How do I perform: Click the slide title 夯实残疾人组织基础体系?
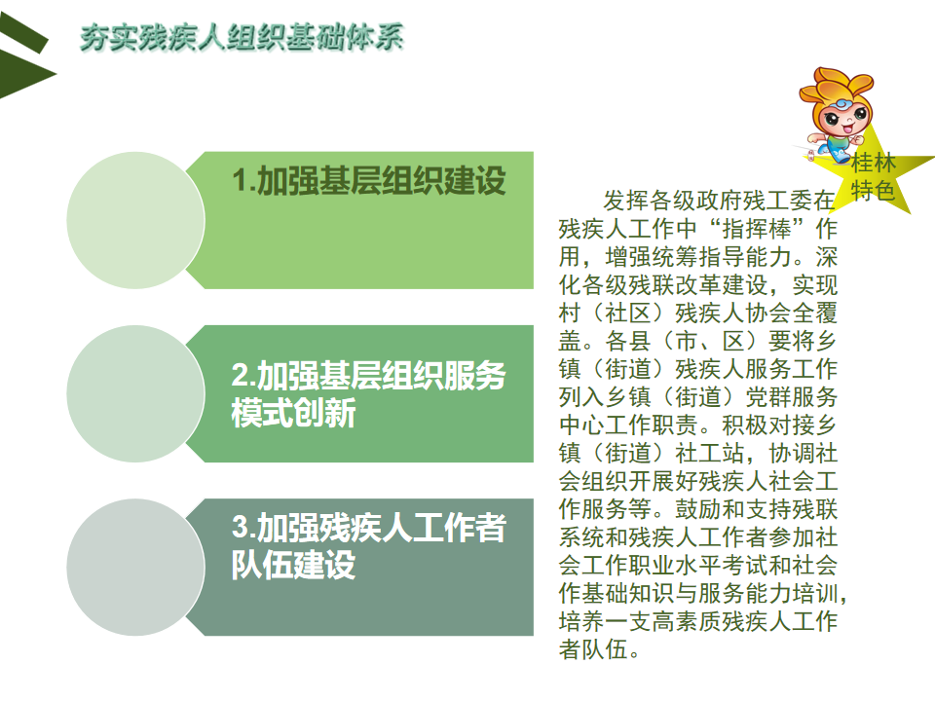pos(243,37)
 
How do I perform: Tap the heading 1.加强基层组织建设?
pos(369,181)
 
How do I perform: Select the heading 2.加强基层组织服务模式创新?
pos(369,394)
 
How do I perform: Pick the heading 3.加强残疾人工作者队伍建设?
pos(369,546)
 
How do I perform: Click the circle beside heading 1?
pos(136,221)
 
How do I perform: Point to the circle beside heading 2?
pos(136,394)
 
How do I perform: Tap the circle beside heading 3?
pos(136,568)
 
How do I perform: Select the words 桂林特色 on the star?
pos(873,176)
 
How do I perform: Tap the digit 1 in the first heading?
pos(240,181)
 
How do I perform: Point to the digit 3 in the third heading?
pos(240,527)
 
